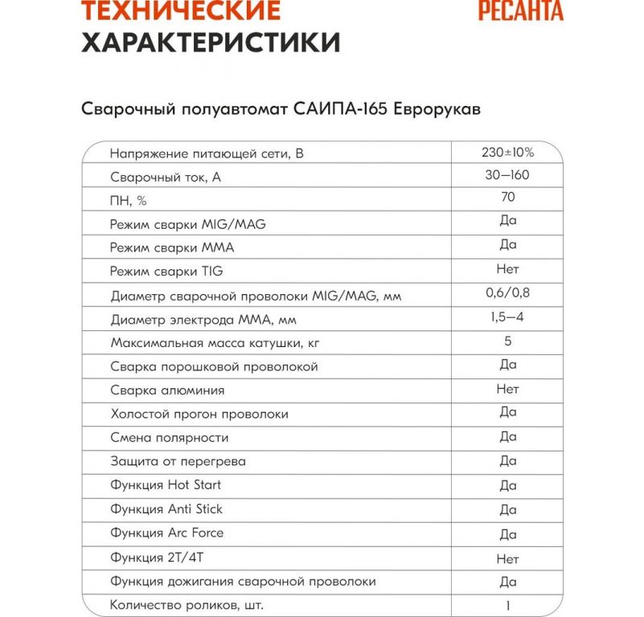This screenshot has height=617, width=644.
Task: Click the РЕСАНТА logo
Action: (x=520, y=11)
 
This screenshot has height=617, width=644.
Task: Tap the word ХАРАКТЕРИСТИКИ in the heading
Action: (x=211, y=42)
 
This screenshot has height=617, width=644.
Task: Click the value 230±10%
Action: (x=507, y=151)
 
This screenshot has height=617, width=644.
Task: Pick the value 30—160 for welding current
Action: (x=507, y=175)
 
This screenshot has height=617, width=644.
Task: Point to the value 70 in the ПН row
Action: (x=507, y=197)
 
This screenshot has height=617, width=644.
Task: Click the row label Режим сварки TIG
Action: (x=166, y=272)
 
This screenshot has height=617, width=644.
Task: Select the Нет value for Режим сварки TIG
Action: (x=507, y=269)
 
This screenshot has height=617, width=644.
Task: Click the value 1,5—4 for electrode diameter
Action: (x=507, y=317)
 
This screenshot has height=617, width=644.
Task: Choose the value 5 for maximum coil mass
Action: (x=507, y=341)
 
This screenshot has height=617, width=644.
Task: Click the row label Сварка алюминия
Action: (x=166, y=390)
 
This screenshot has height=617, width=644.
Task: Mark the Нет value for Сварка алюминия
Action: (x=507, y=389)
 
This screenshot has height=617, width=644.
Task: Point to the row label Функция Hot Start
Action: (x=165, y=485)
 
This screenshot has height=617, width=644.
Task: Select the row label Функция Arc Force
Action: (x=166, y=533)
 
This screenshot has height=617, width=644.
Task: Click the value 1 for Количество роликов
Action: (x=507, y=606)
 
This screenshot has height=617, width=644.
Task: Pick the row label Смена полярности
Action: (x=169, y=438)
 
